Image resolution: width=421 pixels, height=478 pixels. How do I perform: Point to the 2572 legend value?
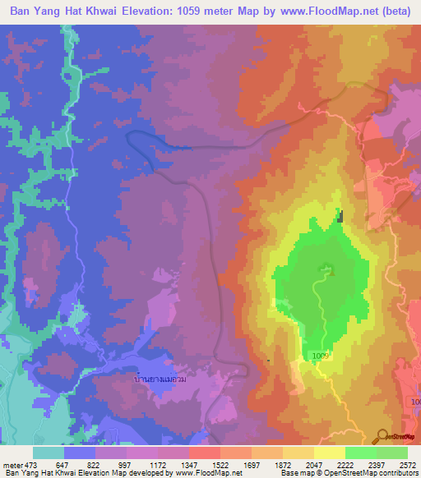pos(407,464)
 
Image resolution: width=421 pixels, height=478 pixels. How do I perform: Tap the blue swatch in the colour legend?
pos(80,453)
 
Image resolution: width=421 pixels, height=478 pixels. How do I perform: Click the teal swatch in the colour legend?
pos(49,453)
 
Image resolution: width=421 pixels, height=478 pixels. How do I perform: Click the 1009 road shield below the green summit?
pos(321,355)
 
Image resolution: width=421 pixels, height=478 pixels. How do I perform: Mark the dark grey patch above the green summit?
pos(340,216)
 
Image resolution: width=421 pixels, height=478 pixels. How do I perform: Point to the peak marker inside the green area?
pos(329,267)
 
